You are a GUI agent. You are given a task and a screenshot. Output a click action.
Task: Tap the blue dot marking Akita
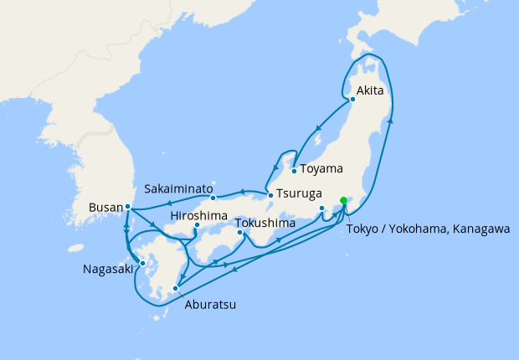352,99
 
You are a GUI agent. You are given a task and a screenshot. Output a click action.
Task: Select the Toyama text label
321,168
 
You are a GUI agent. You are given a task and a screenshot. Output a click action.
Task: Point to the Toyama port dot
295,171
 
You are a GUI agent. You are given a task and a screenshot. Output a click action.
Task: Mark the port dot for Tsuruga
270,196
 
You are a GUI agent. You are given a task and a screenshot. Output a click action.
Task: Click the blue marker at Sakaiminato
213,198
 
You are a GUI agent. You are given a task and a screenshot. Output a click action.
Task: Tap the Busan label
105,207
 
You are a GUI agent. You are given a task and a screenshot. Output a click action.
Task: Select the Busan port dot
127,206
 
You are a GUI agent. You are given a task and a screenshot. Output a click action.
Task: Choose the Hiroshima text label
198,215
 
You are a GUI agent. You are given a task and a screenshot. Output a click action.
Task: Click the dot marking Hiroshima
197,225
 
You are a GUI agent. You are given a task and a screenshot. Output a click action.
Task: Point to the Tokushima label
265,224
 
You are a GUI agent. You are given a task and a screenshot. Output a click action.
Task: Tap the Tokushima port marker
242,233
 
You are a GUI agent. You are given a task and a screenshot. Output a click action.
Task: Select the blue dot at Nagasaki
142,263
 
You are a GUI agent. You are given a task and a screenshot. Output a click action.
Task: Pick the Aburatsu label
209,305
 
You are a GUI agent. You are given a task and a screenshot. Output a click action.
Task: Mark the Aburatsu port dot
175,289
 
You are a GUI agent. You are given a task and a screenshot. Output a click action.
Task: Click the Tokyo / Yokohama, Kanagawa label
428,229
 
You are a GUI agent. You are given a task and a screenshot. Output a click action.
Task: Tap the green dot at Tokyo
343,200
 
